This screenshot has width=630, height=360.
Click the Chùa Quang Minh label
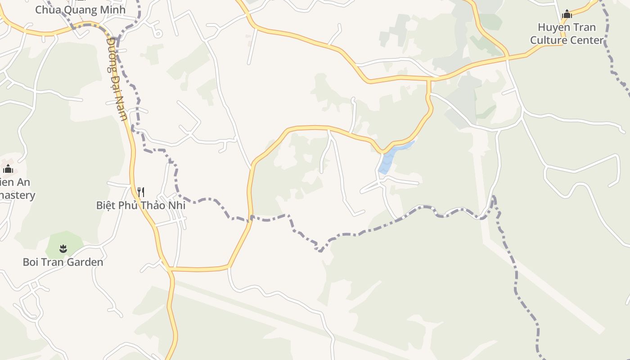tap(80, 9)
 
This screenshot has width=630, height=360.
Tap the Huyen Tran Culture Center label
tap(567, 34)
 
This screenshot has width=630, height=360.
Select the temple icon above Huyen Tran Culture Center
tap(567, 14)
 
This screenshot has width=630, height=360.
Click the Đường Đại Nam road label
tap(117, 79)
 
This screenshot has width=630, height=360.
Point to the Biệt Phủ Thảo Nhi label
tap(140, 205)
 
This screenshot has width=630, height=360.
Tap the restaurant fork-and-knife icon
tap(141, 192)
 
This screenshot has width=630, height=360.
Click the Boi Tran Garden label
tap(63, 262)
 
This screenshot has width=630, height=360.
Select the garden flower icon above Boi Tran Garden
tap(63, 248)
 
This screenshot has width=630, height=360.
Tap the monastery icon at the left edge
tap(8, 169)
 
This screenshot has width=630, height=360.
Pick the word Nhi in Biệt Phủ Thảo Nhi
tap(176, 205)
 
